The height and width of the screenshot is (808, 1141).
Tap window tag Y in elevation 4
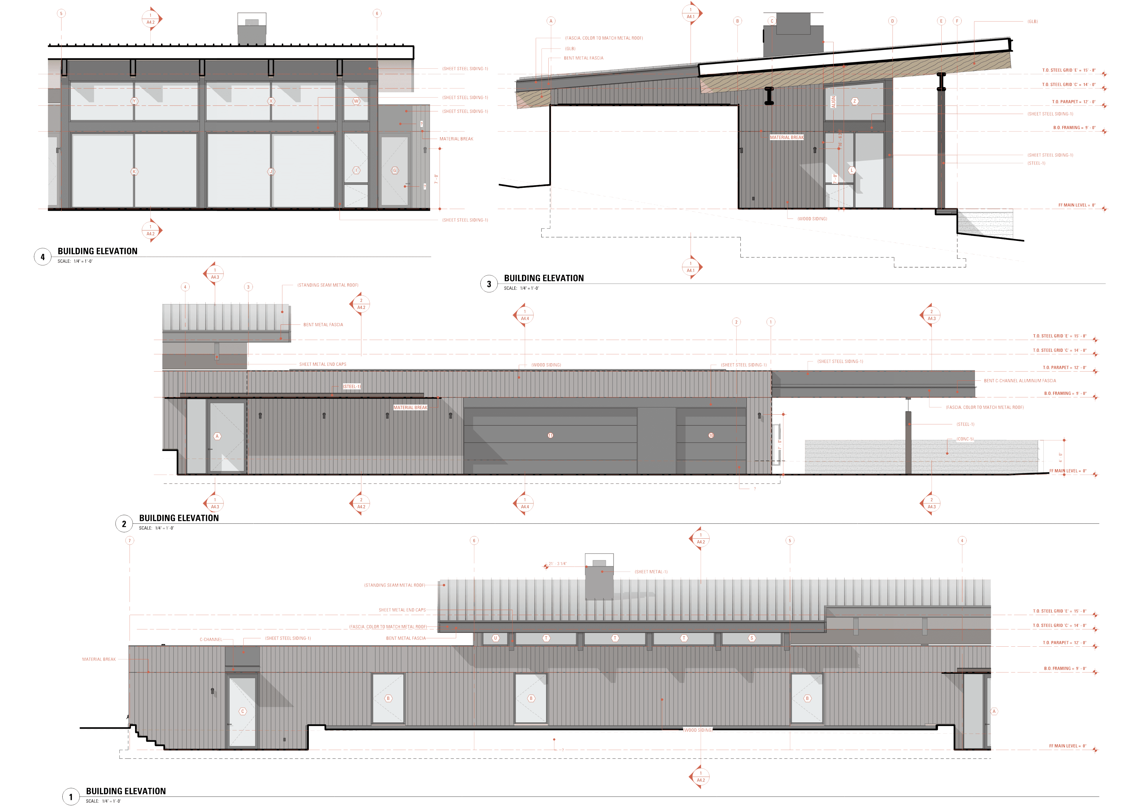pos(134,101)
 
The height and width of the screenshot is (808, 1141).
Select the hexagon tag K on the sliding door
pos(134,172)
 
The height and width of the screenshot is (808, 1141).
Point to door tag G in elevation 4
pos(395,171)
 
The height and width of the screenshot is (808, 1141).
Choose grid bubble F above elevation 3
pos(957,21)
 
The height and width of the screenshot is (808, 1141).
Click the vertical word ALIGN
pos(833,102)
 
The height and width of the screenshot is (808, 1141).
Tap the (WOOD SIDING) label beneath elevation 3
pos(812,219)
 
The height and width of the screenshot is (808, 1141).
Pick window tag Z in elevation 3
pos(854,101)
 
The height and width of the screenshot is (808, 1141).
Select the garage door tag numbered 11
pos(550,435)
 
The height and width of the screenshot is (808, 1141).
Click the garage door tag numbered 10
pos(711,435)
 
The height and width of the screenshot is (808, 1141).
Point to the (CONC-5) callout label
pos(965,439)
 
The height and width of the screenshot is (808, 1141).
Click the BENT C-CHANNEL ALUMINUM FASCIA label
pos(1019,381)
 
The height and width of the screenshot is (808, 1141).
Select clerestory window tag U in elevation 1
pos(496,638)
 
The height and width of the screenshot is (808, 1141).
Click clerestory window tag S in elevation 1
pos(752,638)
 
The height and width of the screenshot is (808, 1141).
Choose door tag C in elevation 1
pos(243,712)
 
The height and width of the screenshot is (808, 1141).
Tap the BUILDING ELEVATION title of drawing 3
pos(544,278)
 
